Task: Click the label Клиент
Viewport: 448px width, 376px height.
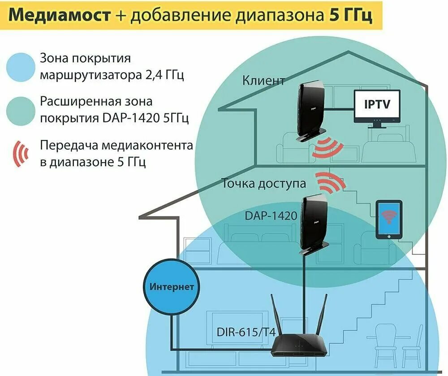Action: click(x=263, y=81)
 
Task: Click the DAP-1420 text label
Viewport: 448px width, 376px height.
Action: click(x=271, y=216)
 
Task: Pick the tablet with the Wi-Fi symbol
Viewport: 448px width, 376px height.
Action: click(x=388, y=220)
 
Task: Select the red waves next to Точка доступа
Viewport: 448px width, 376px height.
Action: click(x=329, y=181)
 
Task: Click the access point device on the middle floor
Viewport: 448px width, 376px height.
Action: click(x=314, y=221)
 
